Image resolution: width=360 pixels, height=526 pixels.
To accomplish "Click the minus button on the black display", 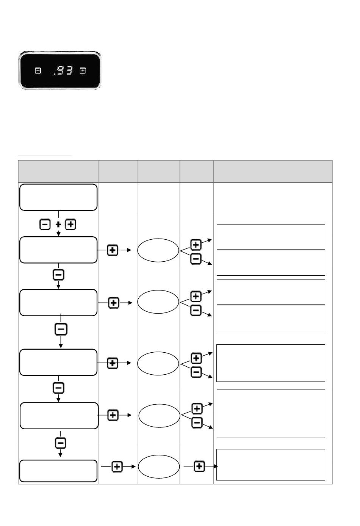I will click(x=38, y=71).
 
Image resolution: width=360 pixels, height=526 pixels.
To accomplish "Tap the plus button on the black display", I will click(x=83, y=71).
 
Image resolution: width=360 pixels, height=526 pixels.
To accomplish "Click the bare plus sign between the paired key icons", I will click(x=58, y=225).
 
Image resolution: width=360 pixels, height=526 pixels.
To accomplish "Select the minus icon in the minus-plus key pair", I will click(x=45, y=225).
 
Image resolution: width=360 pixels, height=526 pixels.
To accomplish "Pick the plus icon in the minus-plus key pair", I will click(x=71, y=225).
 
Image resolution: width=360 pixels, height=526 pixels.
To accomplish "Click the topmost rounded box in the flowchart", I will click(x=58, y=197).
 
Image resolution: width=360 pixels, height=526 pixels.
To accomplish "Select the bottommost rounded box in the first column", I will click(x=58, y=471).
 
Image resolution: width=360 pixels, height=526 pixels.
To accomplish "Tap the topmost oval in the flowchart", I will click(x=158, y=250).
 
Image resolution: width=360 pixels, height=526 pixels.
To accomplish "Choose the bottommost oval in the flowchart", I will click(x=159, y=466).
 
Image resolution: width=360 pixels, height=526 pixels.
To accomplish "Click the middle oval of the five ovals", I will click(x=158, y=363).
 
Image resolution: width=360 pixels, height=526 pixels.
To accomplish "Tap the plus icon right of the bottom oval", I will click(x=199, y=466).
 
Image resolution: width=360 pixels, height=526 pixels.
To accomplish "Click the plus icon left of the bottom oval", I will click(x=117, y=467).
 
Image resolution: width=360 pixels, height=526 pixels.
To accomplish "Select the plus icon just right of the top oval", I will click(x=196, y=245).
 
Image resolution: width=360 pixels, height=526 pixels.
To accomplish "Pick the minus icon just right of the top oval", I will click(x=196, y=259).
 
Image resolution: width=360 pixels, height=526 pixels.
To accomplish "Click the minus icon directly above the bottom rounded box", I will click(x=61, y=443).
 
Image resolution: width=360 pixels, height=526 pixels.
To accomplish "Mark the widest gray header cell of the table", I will click(x=272, y=171).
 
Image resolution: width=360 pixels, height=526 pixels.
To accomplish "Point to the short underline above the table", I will click(x=45, y=155).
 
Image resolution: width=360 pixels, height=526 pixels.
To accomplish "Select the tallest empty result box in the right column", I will click(x=271, y=413).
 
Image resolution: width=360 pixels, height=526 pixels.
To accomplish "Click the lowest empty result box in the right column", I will click(x=271, y=465).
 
